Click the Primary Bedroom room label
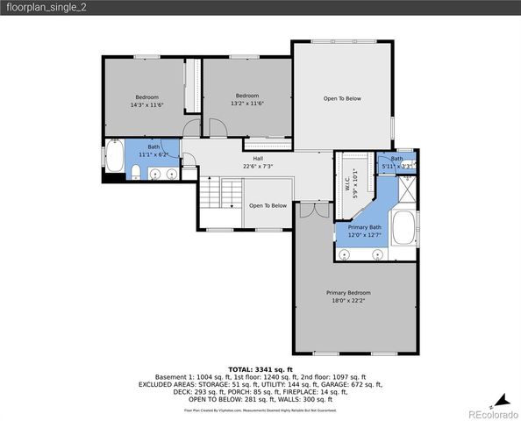348,293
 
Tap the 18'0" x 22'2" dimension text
348,301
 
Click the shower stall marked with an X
408,188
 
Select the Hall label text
258,158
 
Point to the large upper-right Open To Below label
342,98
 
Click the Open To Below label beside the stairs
268,205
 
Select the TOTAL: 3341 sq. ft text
260,369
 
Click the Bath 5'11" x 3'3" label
397,161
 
